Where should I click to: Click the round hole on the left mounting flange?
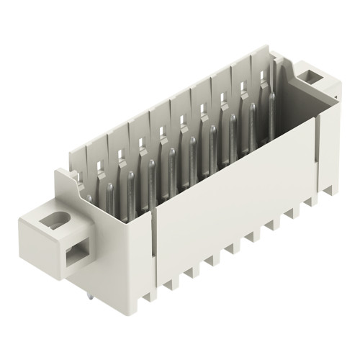(52, 222)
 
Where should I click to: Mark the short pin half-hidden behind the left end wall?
(89, 198)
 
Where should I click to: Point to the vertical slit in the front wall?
(153, 245)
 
